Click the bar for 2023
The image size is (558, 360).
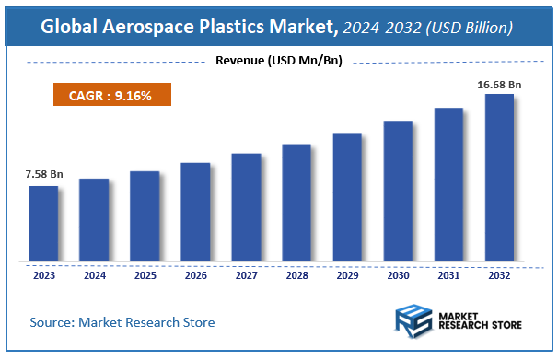43,224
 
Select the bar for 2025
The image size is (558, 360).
145,216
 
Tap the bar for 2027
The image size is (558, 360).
246,207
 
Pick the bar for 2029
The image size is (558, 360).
347,197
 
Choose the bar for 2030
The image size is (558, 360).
398,191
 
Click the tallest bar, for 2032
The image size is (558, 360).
499,178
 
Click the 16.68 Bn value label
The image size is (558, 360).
499,85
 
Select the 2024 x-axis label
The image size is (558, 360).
94,274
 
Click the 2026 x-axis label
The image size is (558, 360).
195,274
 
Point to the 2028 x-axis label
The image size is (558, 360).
296,274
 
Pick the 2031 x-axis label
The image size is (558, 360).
448,274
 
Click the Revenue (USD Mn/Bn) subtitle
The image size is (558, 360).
278,62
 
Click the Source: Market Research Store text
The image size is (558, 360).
122,322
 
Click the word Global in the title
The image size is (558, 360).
71,28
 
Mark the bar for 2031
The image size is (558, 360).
448,184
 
